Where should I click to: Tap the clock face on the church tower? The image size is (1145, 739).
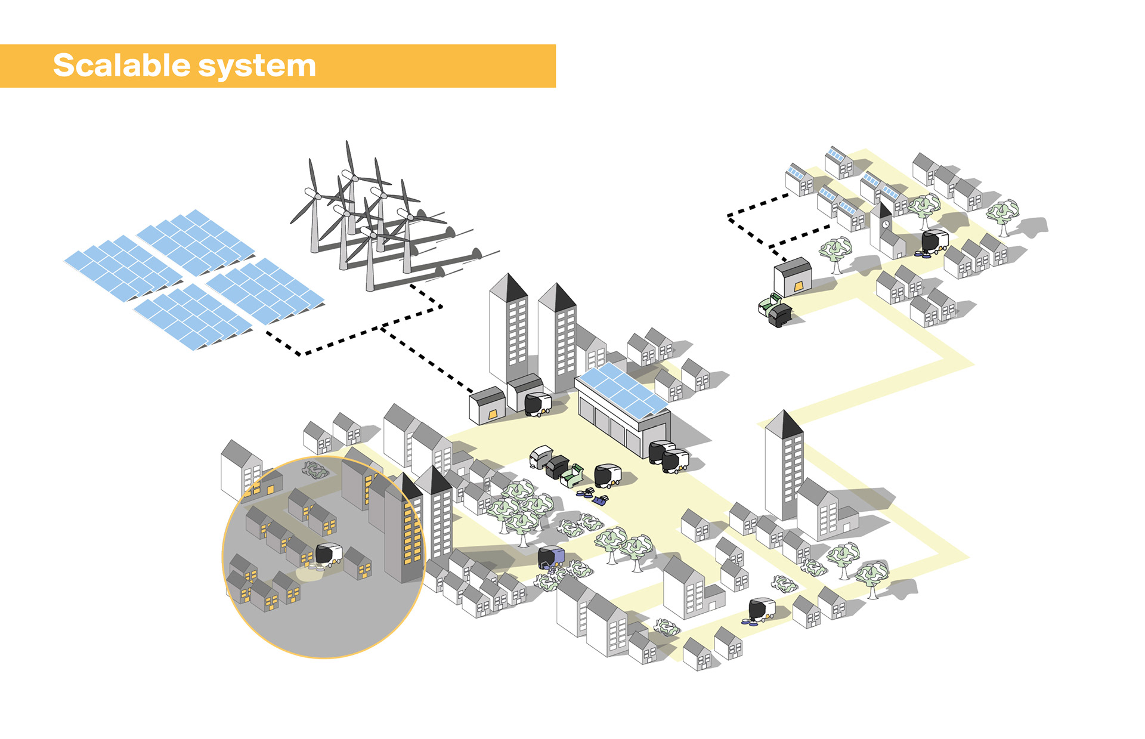(886, 224)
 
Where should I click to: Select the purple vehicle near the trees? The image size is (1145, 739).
(551, 557)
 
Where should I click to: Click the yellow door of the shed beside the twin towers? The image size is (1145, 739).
(493, 414)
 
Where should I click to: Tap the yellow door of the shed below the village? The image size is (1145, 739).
(798, 287)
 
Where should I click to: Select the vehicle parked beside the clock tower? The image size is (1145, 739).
(934, 241)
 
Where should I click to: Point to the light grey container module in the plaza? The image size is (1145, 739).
(541, 457)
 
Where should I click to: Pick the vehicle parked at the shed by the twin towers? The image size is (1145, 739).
(537, 404)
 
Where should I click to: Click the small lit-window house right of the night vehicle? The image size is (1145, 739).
(358, 563)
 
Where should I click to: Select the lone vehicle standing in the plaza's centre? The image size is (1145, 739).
(608, 475)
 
